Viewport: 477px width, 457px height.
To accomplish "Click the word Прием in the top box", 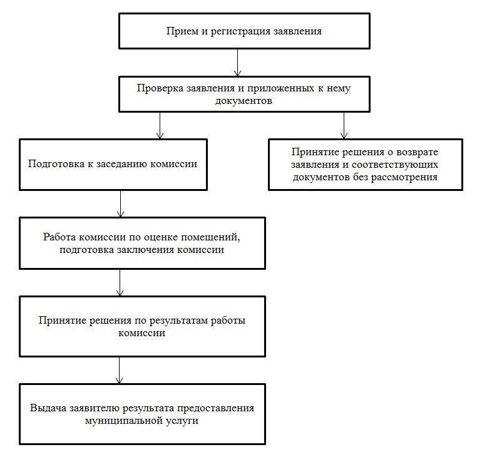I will [x=180, y=31].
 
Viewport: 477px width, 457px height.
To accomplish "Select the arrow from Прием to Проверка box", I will [x=237, y=63].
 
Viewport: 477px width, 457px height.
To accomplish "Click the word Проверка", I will [x=159, y=88].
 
